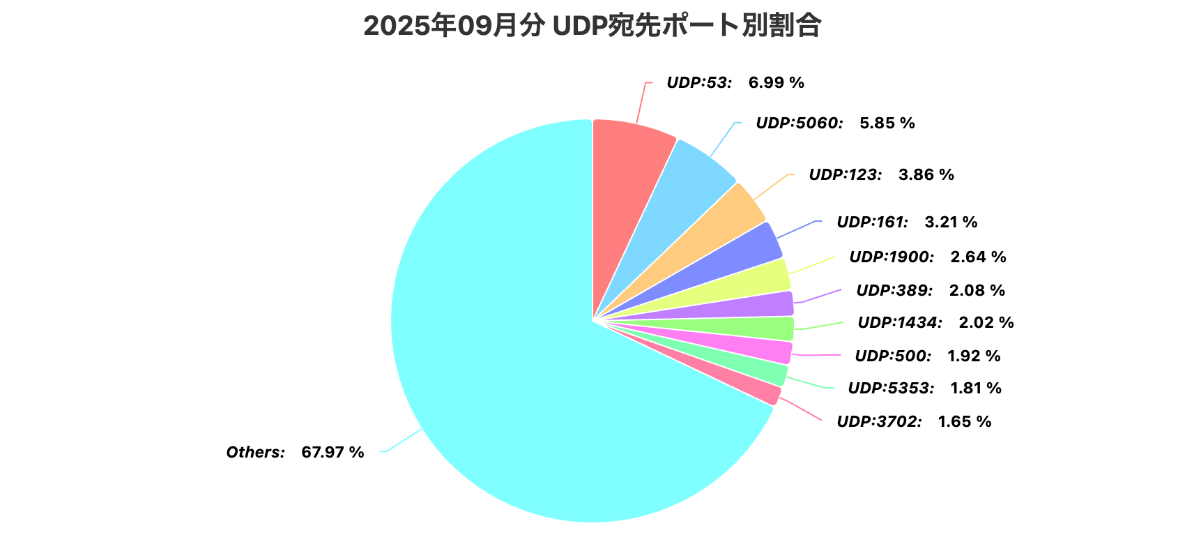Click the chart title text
592,27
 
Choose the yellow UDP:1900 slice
760,278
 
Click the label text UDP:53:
699,82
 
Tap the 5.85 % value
887,123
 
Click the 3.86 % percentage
926,174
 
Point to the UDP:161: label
872,222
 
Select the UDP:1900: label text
892,257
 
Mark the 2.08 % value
977,290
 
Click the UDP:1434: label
900,322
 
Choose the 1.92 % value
973,356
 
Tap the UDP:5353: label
891,388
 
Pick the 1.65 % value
964,421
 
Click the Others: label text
255,452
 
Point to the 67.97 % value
332,452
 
